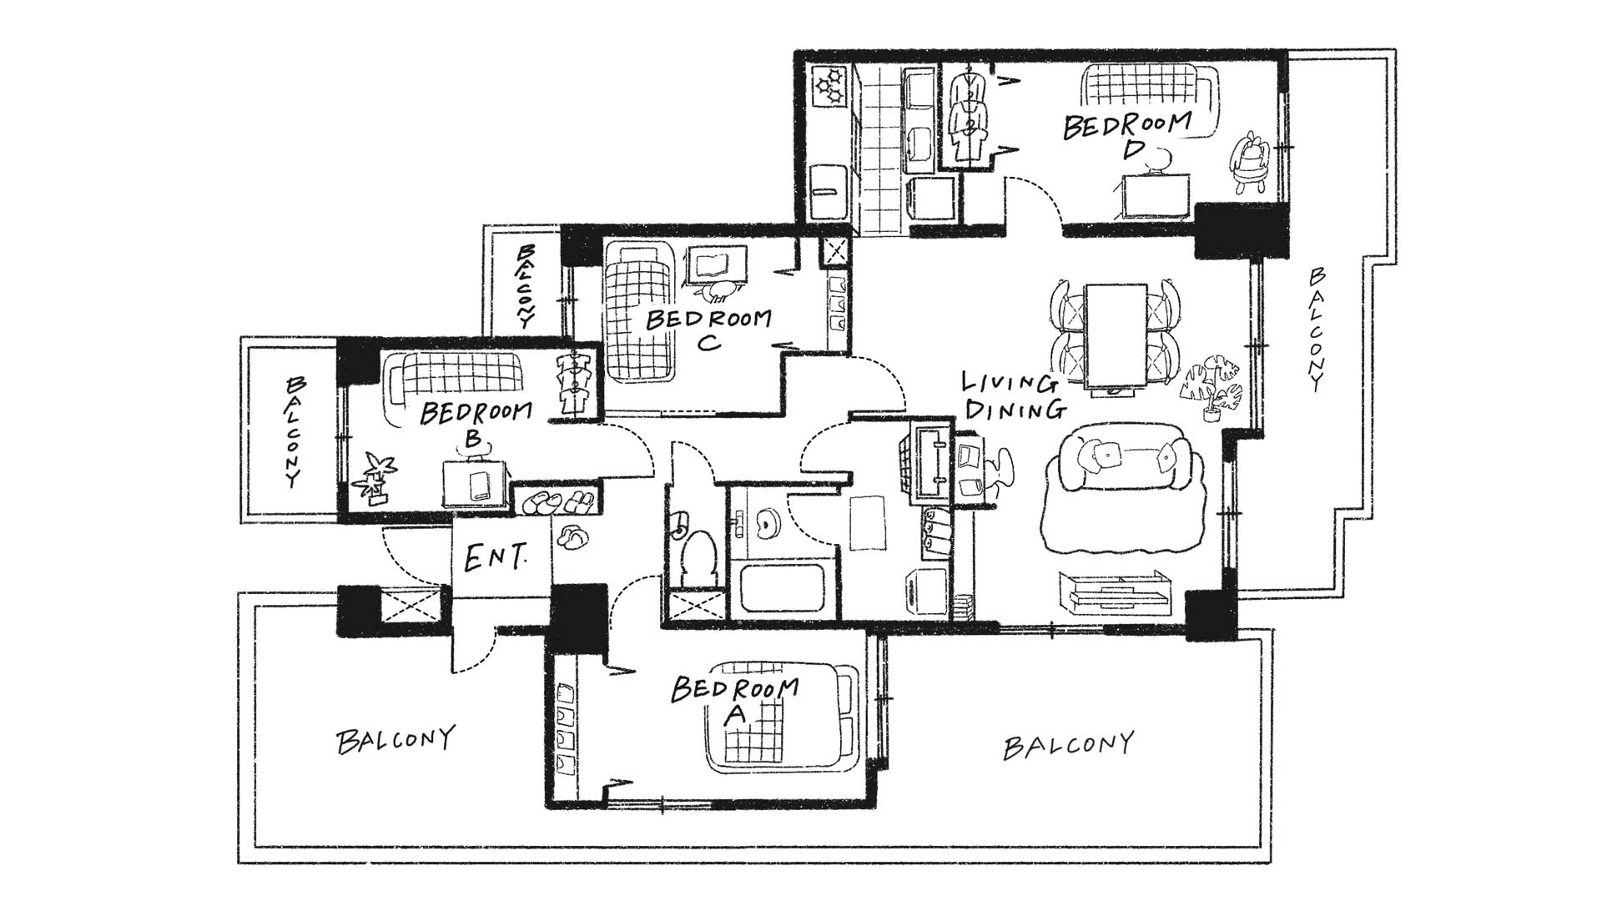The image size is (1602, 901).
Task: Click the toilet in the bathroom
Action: tap(695, 552)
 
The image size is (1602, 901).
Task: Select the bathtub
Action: tap(786, 591)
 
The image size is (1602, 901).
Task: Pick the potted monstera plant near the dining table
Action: tap(1212, 387)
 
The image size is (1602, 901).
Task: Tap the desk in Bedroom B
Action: tap(474, 481)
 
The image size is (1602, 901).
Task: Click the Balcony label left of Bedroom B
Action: tap(294, 431)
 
